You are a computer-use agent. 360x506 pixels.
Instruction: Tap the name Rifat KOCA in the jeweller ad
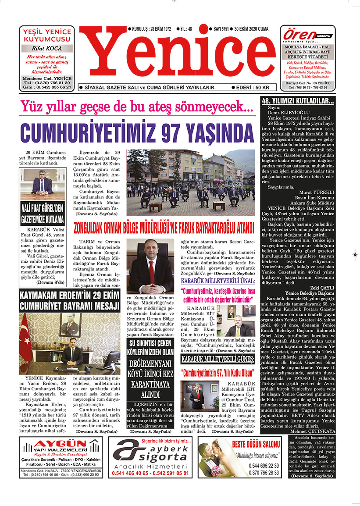point(47,49)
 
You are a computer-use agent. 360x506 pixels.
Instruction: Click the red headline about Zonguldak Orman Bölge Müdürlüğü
point(164,228)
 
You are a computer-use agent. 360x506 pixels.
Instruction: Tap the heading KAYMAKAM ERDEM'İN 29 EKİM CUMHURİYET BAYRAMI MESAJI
point(69,300)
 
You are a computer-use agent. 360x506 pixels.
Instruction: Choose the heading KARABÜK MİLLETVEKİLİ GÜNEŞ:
point(217,360)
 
